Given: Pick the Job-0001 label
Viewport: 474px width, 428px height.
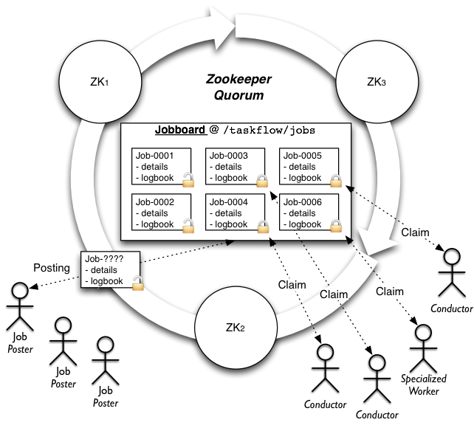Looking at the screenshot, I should click(x=154, y=156).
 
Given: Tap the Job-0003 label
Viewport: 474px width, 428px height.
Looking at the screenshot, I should click(x=227, y=156).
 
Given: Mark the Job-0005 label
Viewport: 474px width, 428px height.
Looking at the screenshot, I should click(x=301, y=156).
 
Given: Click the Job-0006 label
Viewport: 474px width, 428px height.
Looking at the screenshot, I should click(x=301, y=202).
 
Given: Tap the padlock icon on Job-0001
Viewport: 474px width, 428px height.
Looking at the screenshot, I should click(x=188, y=179).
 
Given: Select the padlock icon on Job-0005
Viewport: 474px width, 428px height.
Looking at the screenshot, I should click(x=336, y=179).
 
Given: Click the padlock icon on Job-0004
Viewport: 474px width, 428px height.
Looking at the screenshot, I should click(x=262, y=226).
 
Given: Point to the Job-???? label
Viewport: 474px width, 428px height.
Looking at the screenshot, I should click(x=104, y=260).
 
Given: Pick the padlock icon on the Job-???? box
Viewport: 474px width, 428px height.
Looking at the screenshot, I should click(x=137, y=282).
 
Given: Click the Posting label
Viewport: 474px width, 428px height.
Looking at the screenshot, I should click(x=52, y=267).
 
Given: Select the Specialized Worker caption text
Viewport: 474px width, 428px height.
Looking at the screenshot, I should click(x=424, y=384).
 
